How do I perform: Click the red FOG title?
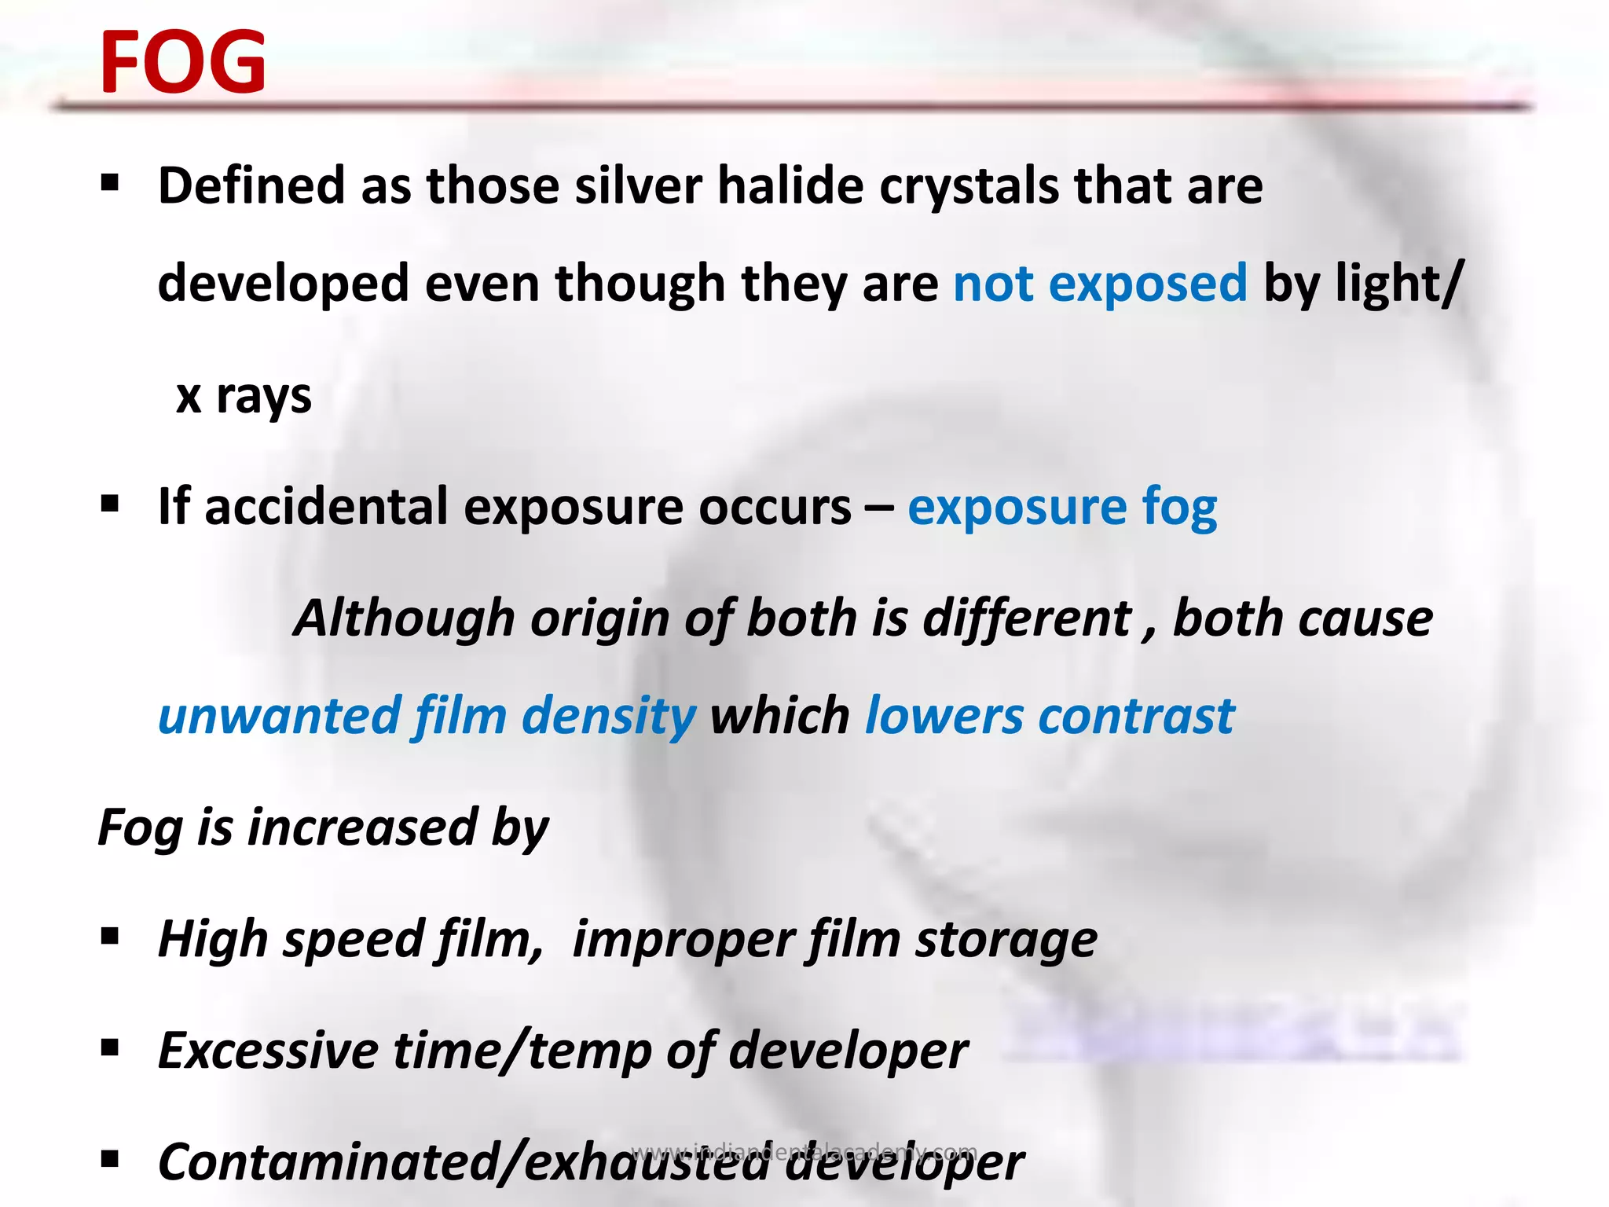(183, 63)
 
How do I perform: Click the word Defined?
(251, 186)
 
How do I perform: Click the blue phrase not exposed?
(1100, 284)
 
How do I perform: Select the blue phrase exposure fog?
(1062, 508)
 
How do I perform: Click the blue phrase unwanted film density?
(427, 717)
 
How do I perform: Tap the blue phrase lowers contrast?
(1050, 717)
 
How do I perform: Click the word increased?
(362, 827)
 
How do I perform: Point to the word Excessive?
(268, 1051)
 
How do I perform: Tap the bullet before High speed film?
(110, 936)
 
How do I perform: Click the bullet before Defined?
(110, 184)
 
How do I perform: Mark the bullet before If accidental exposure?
(110, 504)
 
